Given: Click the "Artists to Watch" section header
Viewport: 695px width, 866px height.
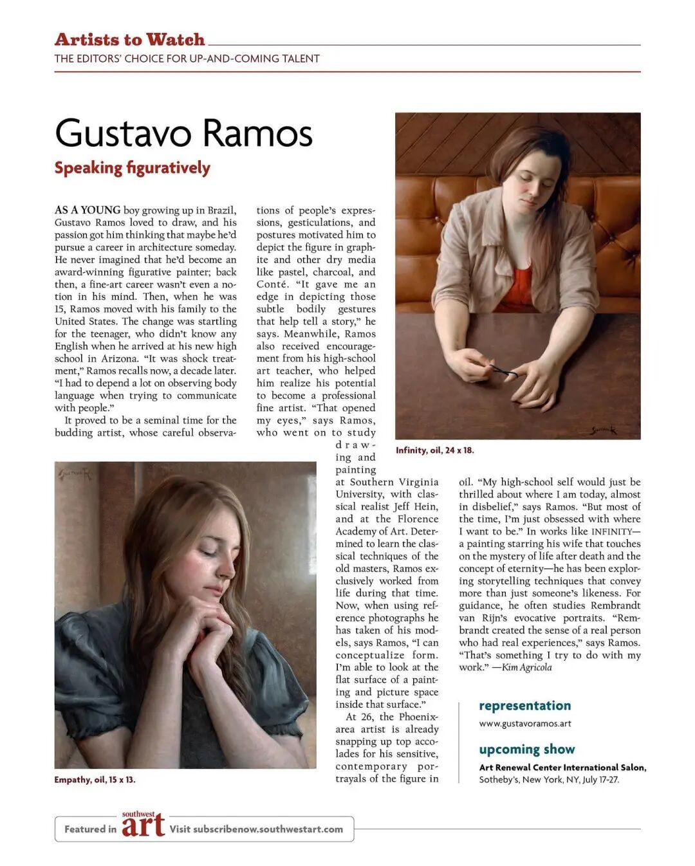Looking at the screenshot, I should coord(129,40).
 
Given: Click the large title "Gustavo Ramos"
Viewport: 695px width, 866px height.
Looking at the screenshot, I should coord(183,133).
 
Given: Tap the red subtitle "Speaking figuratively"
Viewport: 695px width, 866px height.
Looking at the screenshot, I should coord(132,168).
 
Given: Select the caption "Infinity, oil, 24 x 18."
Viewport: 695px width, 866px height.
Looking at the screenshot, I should coord(434,450).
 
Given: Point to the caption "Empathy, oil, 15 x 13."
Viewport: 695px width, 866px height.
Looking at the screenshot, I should coord(95,780).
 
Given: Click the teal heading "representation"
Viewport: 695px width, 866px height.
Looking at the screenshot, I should coord(524,706).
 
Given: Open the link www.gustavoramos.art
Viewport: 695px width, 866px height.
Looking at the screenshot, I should coord(524,724).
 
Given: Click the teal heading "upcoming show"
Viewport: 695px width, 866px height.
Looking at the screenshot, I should coord(526,750).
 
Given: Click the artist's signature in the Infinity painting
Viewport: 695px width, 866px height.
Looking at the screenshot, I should coord(603,430).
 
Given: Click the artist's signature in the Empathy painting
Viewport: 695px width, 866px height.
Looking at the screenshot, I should coord(76,475).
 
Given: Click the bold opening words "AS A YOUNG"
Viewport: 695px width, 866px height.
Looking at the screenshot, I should coord(88,210).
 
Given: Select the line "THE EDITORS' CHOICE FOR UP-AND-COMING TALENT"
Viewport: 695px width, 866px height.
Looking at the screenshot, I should coord(187,59).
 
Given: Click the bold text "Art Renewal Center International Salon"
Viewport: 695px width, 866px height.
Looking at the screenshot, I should coord(562,768).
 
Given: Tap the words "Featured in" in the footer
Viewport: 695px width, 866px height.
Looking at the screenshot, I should coord(90,829).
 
